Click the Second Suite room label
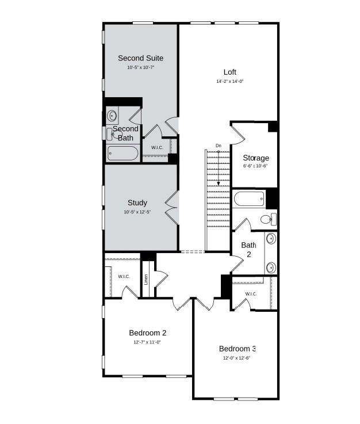[x=140, y=58]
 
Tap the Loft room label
[x=230, y=72]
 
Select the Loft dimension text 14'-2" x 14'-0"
[x=230, y=82]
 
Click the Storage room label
[x=256, y=158]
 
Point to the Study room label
[x=137, y=203]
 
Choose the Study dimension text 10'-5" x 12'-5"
[x=137, y=212]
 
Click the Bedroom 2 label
[x=148, y=333]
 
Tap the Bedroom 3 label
[x=237, y=348]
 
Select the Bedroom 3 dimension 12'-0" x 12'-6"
[x=237, y=357]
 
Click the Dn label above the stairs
[x=219, y=146]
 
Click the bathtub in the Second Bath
[x=122, y=154]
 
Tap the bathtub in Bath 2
[x=249, y=200]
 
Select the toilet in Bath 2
[x=268, y=219]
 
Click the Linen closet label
[x=147, y=280]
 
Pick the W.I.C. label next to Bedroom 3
[x=251, y=294]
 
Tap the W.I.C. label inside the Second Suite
[x=157, y=148]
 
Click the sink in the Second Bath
[x=112, y=116]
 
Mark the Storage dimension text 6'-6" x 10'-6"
[x=256, y=166]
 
